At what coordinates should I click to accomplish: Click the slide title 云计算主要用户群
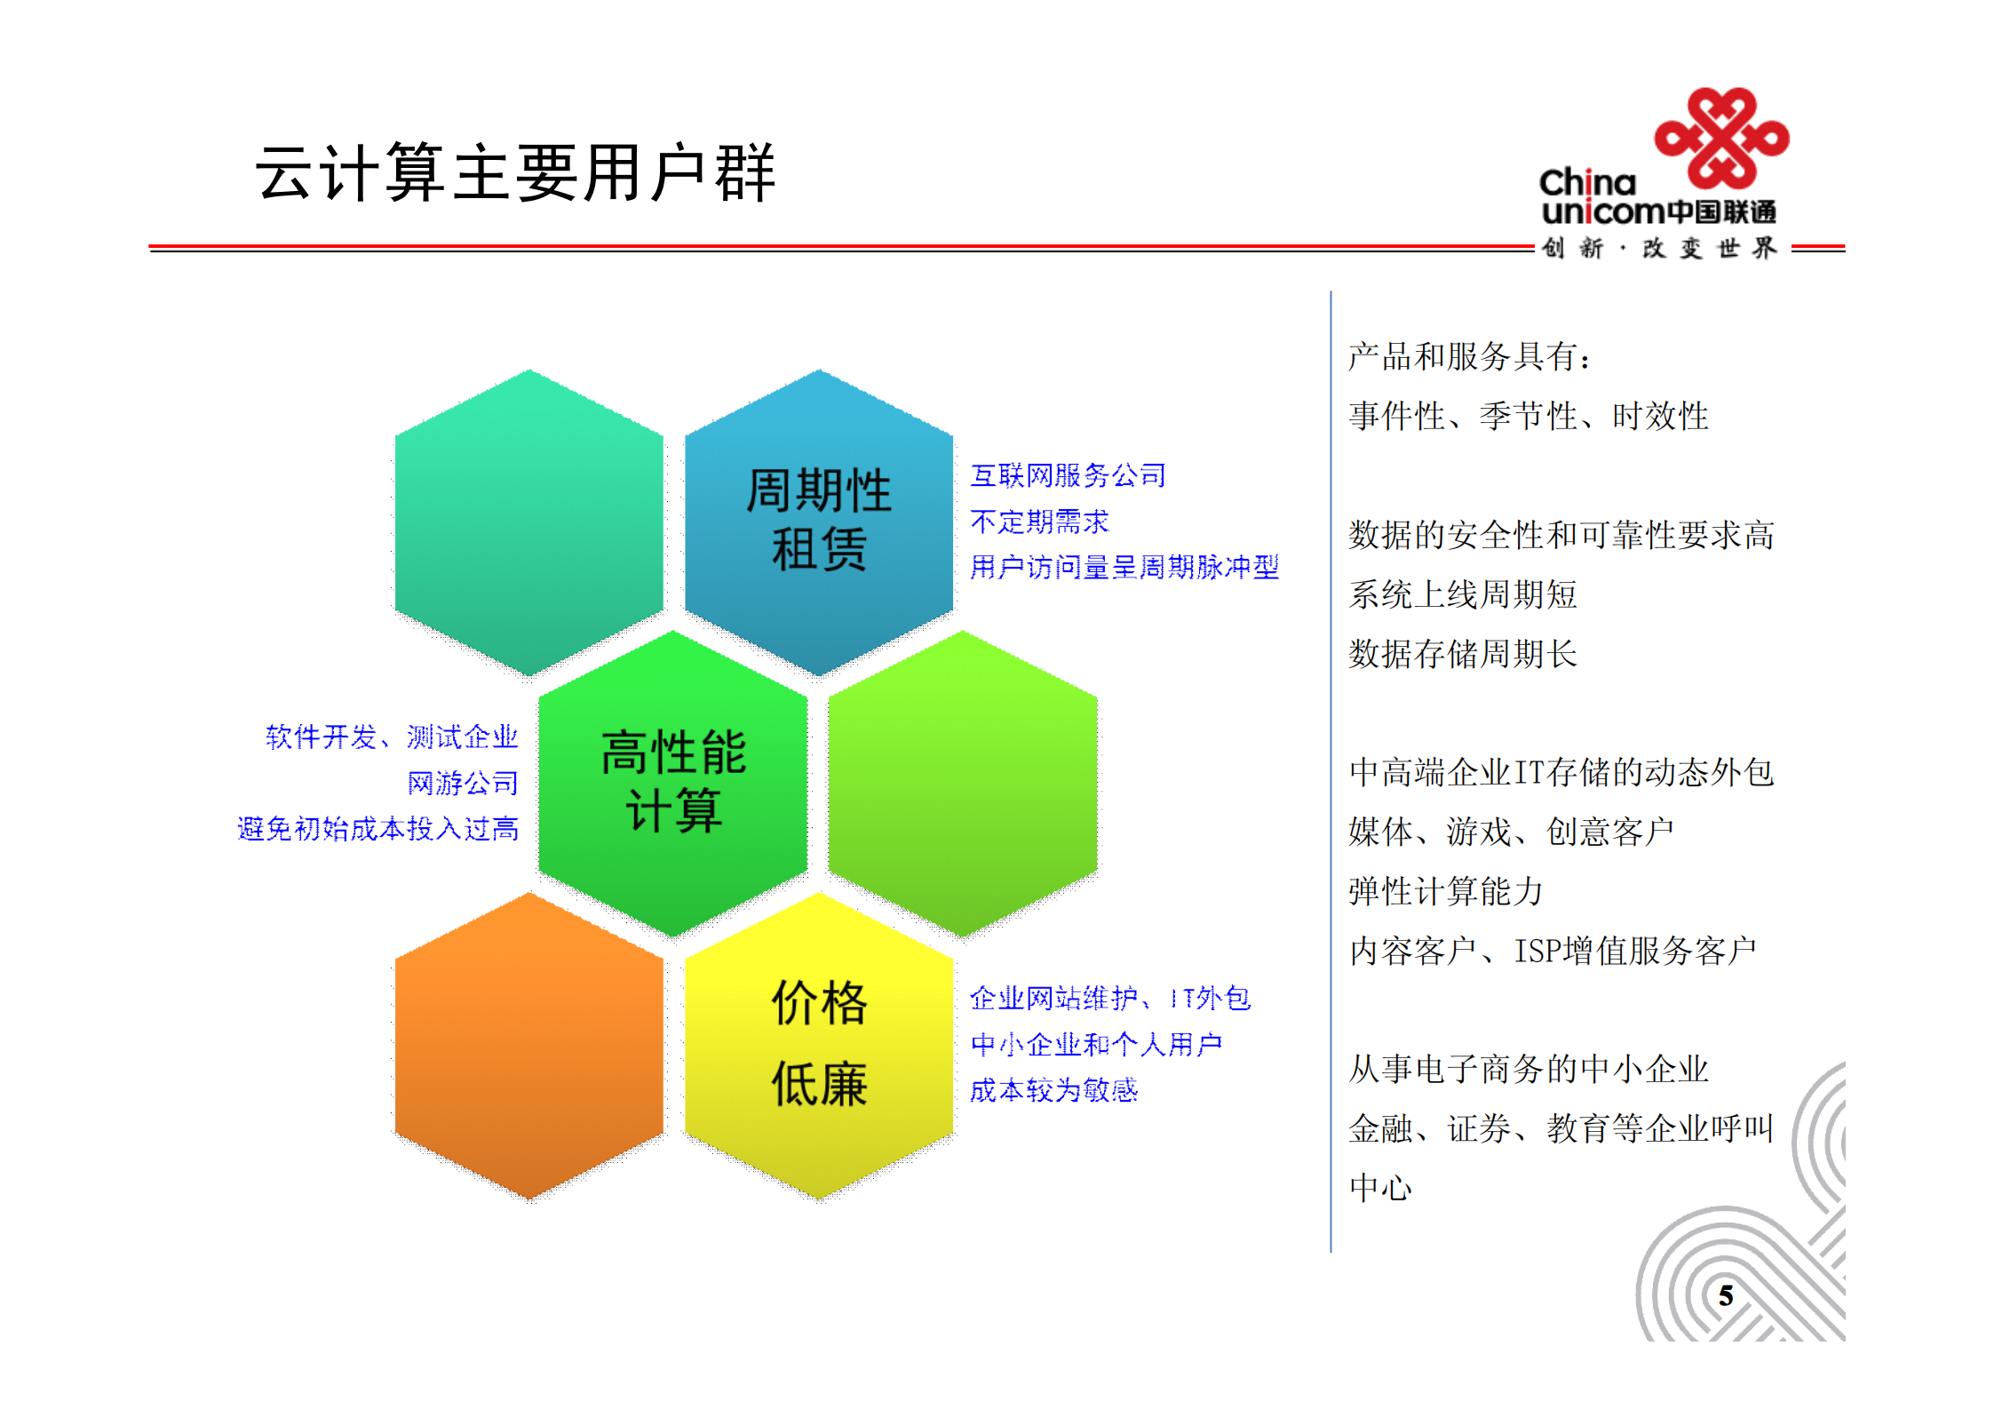(x=515, y=173)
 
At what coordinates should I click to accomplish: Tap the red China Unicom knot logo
(x=1720, y=139)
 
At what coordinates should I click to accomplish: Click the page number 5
(x=1725, y=1295)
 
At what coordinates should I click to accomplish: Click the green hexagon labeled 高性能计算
(x=673, y=782)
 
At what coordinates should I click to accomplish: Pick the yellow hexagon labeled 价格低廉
(x=818, y=1045)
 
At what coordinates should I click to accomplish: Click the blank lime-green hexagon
(x=963, y=782)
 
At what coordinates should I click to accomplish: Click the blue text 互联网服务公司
(x=1067, y=475)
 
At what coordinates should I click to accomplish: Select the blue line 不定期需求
(x=1039, y=522)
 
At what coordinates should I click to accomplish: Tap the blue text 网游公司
(x=462, y=783)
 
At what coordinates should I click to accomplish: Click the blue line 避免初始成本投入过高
(x=377, y=829)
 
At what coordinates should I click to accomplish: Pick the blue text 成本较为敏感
(x=1053, y=1090)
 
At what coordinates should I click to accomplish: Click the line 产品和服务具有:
(x=1469, y=357)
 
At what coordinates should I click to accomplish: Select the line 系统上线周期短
(x=1462, y=594)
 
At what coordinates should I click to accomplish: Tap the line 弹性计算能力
(x=1445, y=891)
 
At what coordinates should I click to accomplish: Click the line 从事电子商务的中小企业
(x=1528, y=1069)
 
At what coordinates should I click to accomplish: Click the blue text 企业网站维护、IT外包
(x=1109, y=999)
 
